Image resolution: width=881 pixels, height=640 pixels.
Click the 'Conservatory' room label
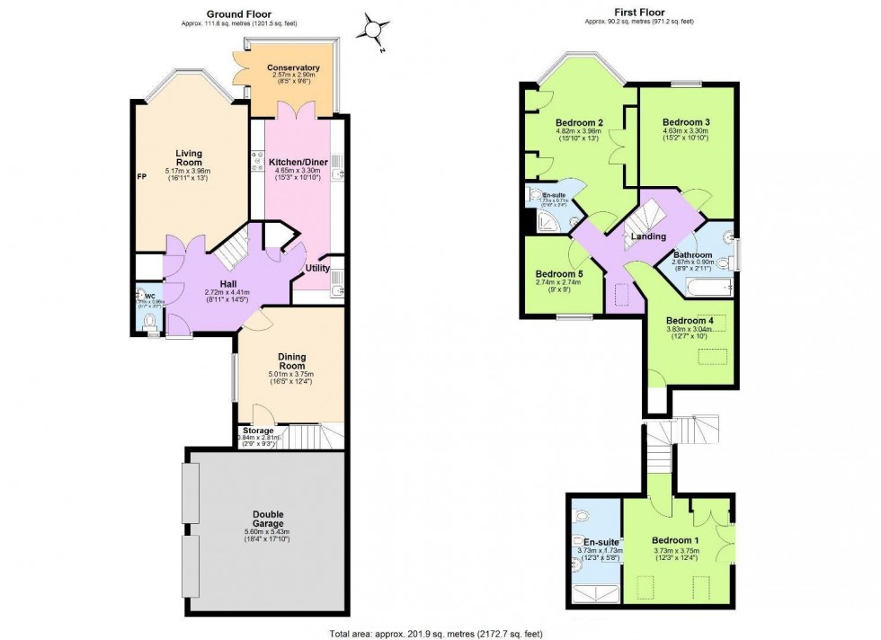point(293,67)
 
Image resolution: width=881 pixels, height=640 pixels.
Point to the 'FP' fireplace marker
point(142,177)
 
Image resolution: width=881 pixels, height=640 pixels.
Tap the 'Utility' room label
point(317,268)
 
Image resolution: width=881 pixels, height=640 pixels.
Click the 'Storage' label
point(258,431)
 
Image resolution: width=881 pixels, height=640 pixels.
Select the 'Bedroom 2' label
point(579,123)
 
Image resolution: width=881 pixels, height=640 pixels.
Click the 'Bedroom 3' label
point(686,122)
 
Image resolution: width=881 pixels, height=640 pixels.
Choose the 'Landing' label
point(648,237)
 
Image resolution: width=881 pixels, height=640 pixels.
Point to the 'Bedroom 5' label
point(558,274)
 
